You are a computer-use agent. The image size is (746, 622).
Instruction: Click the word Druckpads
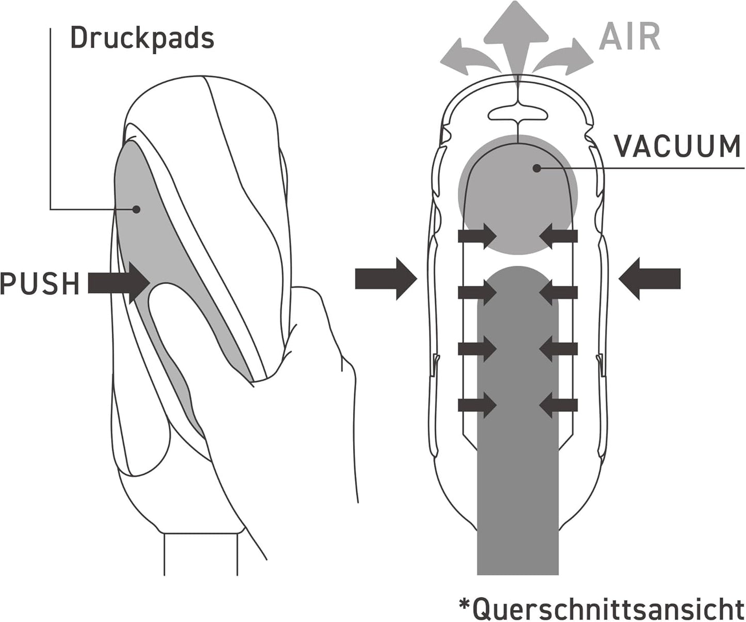(x=142, y=38)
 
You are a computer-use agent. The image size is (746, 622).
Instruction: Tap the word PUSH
(x=40, y=283)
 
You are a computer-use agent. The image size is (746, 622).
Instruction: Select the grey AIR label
(x=629, y=37)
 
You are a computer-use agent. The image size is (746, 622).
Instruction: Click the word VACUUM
(x=677, y=146)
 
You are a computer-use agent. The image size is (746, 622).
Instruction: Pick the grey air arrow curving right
(x=563, y=57)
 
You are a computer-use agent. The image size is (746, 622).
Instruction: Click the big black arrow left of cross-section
(x=386, y=279)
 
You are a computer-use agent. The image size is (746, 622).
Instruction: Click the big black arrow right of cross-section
(x=649, y=279)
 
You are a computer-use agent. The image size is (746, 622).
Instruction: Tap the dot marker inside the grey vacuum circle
(x=536, y=168)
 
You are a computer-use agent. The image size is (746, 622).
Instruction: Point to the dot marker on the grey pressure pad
(x=136, y=210)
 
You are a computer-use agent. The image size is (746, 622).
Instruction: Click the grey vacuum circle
(x=518, y=195)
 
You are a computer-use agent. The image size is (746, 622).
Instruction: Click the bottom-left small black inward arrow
(x=478, y=405)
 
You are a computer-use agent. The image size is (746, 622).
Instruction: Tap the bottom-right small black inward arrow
(x=558, y=405)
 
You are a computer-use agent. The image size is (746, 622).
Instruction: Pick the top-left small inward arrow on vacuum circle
(x=478, y=236)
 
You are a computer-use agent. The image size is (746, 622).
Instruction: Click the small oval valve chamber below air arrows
(x=518, y=114)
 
